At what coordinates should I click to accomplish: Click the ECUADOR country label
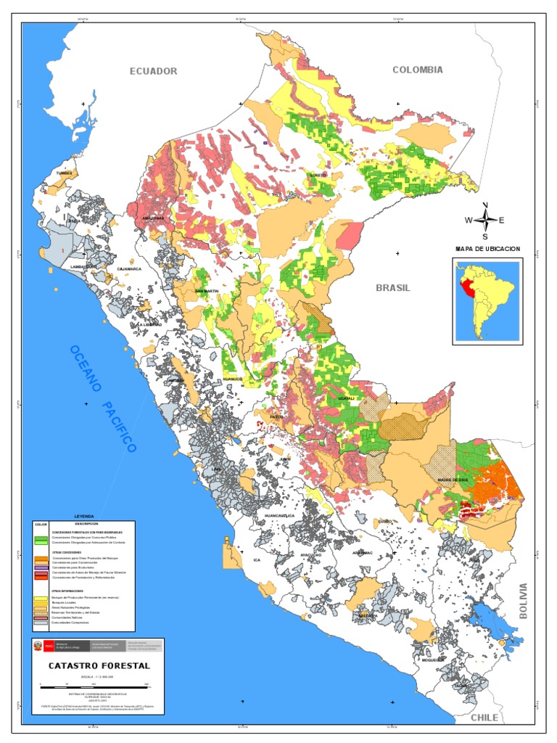point(153,70)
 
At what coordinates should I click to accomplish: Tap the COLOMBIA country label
point(417,70)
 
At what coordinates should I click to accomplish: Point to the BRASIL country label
point(392,287)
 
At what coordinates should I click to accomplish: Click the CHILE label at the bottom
point(484,717)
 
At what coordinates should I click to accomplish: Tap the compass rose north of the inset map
point(485,220)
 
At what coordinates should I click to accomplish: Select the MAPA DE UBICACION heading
point(487,248)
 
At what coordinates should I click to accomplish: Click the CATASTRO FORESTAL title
point(99,665)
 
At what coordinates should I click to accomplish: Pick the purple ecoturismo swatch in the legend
point(42,567)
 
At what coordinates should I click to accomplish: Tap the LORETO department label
point(318,175)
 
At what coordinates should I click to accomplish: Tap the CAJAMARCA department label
point(128,268)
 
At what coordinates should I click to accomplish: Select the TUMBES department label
point(65,173)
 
